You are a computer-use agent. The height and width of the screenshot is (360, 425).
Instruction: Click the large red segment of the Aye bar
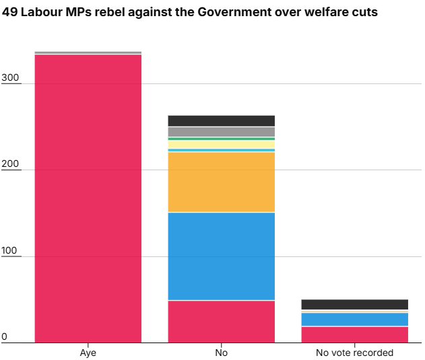coord(88,199)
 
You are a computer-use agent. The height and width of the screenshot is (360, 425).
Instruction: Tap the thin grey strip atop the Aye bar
coord(88,52)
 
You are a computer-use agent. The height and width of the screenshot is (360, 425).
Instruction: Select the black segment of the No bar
coord(221,121)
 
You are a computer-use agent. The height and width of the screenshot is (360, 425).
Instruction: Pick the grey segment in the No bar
coord(221,132)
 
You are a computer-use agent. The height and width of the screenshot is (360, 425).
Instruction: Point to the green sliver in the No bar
coord(221,139)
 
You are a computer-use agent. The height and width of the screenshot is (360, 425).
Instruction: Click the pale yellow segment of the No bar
coord(221,145)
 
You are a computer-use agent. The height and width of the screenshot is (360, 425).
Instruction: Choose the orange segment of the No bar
coord(221,182)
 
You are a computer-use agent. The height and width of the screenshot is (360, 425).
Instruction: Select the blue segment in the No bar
coord(221,256)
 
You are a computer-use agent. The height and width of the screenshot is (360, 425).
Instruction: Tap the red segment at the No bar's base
coord(221,322)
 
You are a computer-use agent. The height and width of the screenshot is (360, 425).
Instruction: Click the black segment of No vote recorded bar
coord(354,304)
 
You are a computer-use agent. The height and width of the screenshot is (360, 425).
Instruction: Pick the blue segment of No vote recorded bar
coord(354,320)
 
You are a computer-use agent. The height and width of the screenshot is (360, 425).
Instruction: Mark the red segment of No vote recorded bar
coord(354,335)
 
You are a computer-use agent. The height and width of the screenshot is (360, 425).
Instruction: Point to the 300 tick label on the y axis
coord(10,77)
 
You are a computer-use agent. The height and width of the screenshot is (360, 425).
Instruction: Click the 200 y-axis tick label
coord(10,164)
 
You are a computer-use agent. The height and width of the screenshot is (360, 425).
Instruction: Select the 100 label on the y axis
coord(9,250)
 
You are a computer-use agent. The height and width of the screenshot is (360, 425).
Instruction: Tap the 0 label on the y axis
coord(4,336)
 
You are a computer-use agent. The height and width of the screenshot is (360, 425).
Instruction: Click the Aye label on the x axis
coord(88,353)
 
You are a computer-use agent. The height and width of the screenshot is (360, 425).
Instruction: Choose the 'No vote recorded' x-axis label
coord(354,353)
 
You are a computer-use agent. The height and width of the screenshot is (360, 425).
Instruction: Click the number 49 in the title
coord(9,12)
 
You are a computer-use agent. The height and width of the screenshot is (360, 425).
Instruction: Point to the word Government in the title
coord(234,12)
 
